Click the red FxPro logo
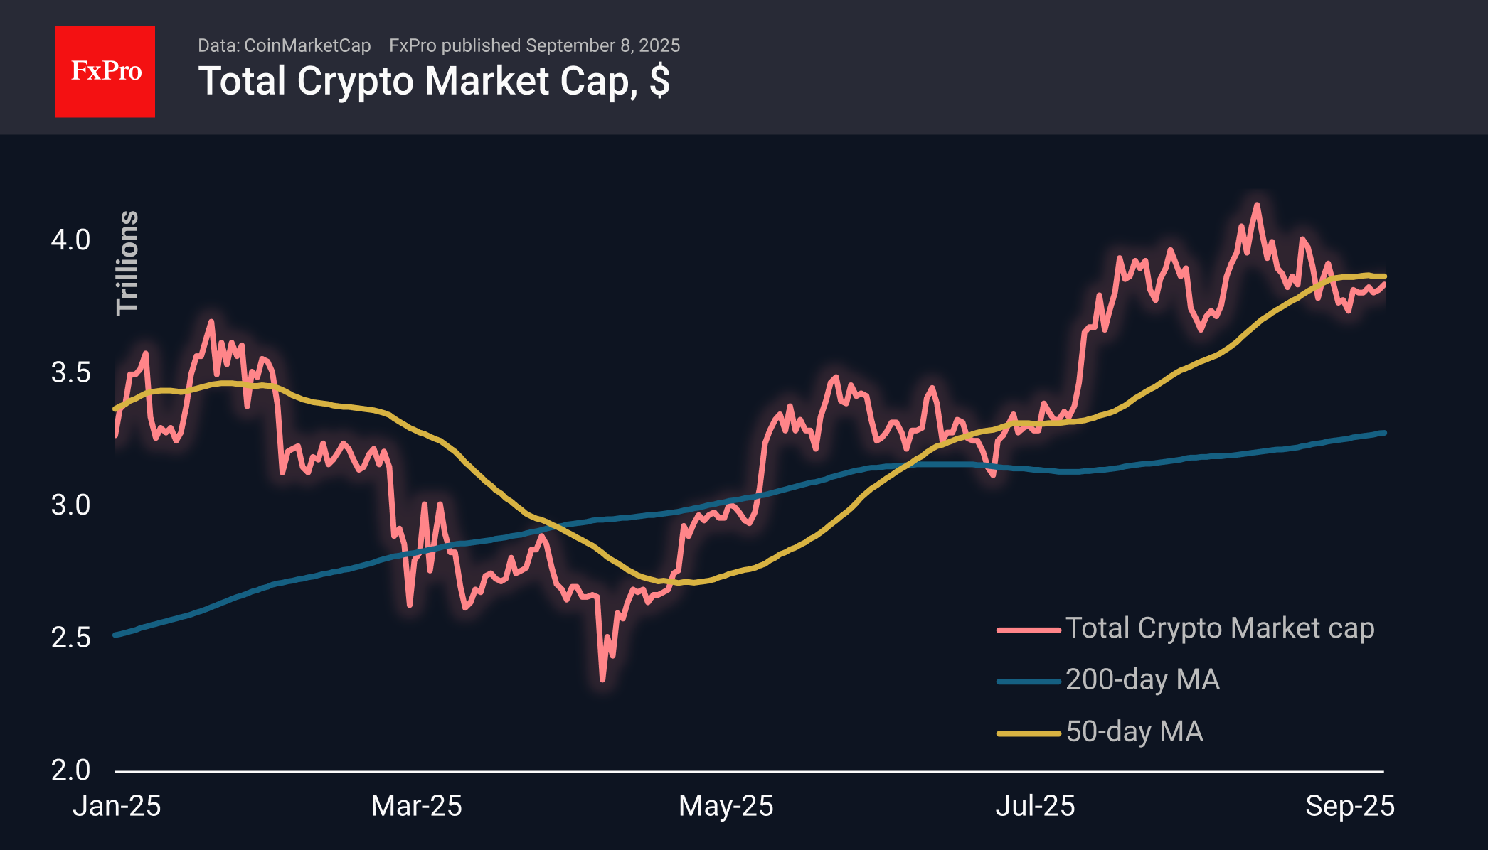click(x=105, y=71)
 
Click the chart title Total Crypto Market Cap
click(x=415, y=80)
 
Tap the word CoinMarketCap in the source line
click(x=307, y=45)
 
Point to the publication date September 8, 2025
click(x=603, y=45)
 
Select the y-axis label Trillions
click(x=127, y=262)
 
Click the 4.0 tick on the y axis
click(x=70, y=240)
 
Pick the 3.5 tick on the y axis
click(x=70, y=372)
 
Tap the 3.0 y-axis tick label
click(x=70, y=505)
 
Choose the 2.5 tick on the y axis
click(x=70, y=637)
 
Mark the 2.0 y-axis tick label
click(x=70, y=770)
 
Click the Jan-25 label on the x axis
click(x=117, y=806)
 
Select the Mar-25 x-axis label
click(x=417, y=806)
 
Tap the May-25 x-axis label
click(x=726, y=806)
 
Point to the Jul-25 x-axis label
click(x=1035, y=806)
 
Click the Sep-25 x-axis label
click(x=1350, y=806)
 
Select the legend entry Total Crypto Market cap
click(x=1186, y=628)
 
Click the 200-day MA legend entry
click(x=1108, y=680)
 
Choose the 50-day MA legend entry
click(x=1100, y=732)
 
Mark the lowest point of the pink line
click(x=602, y=680)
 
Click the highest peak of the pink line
click(x=1257, y=205)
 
